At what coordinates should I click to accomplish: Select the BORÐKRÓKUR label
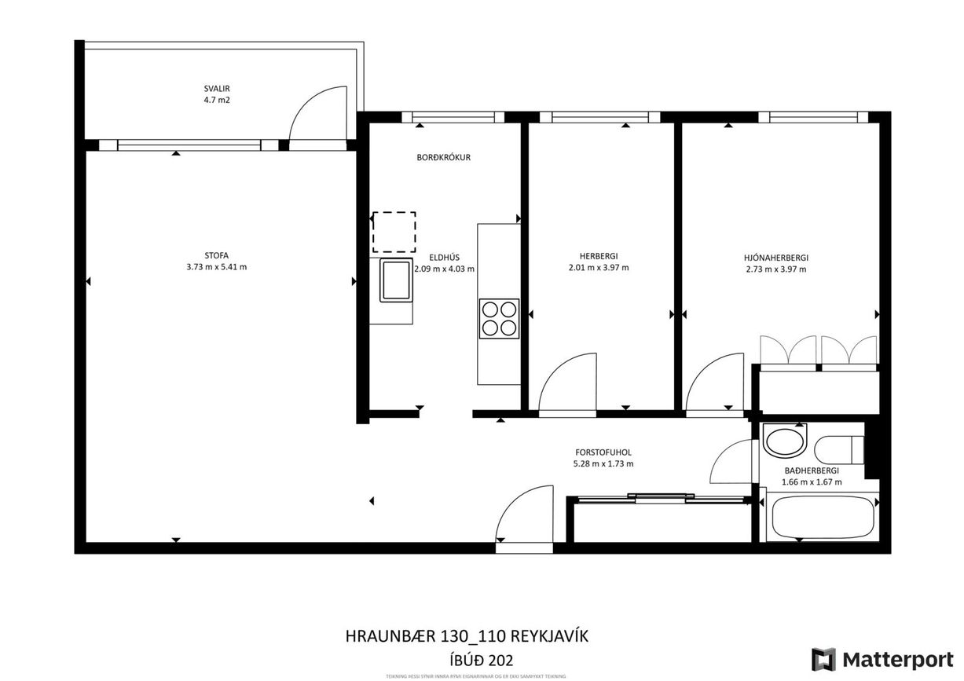coord(443,157)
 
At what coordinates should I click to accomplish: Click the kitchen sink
coord(396,280)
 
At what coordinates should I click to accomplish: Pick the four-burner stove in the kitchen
coord(499,319)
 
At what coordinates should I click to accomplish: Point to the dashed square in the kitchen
coord(394,232)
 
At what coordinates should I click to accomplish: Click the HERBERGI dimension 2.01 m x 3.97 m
coord(598,268)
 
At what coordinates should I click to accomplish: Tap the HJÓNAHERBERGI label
coord(775,257)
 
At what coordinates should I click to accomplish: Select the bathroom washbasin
coord(786,441)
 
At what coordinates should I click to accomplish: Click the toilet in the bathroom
coord(835,450)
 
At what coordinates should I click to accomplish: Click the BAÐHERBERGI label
coord(812,471)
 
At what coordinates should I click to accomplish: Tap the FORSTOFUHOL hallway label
coord(603,452)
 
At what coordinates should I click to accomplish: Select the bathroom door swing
coord(734,463)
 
